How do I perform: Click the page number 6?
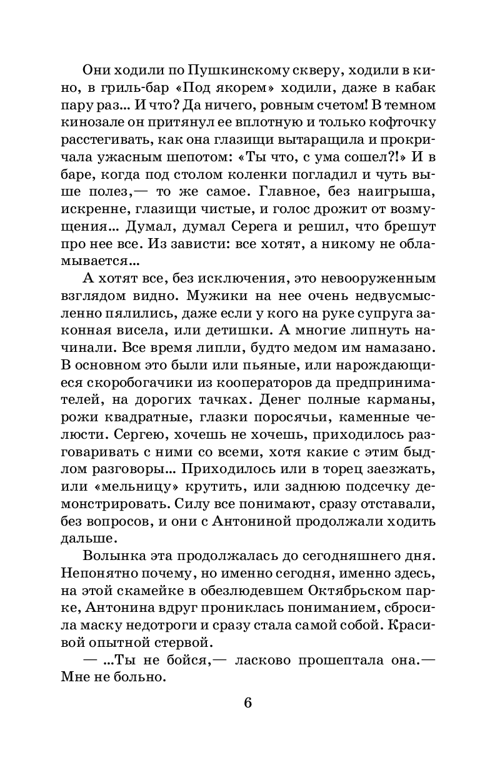pos(247,702)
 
